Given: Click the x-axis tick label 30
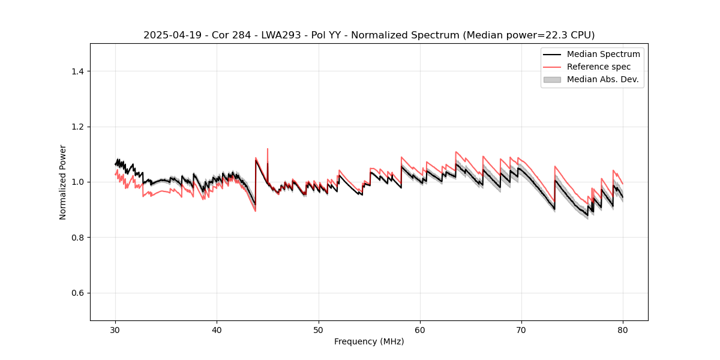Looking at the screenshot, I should coord(115,330).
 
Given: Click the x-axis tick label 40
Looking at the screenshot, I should coord(217,330).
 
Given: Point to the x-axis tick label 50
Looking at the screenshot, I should coord(319,330).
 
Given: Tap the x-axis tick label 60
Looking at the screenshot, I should coord(420,330).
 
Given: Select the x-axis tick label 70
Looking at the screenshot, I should coord(521,330).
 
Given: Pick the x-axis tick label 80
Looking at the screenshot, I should coord(623,330).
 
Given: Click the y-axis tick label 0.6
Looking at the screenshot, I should coord(77,293).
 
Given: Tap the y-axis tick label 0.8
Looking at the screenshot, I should coord(77,238).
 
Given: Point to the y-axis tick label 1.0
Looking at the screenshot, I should coord(77,182).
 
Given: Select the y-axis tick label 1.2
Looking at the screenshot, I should coord(77,127).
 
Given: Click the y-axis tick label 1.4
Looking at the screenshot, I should coord(77,71).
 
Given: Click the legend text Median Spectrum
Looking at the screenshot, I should coord(603,54).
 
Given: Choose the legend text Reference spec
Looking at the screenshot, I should coord(599,67).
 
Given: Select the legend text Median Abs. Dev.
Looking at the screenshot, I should coord(602,79).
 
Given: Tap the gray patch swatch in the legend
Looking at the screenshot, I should coord(552,79).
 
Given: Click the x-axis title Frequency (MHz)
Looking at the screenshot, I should coord(369,342).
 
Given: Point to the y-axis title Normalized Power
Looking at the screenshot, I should coord(63,182).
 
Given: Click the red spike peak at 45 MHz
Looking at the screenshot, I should coord(268,149).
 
